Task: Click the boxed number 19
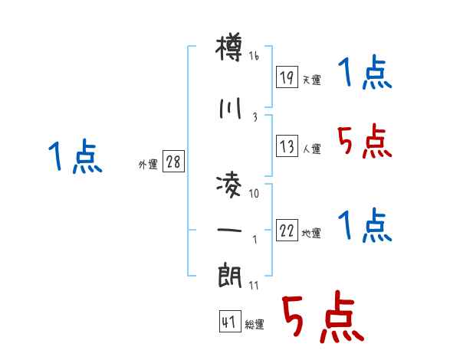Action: (287, 77)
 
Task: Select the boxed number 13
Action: (287, 146)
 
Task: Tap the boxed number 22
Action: (287, 230)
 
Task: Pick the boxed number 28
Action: (173, 162)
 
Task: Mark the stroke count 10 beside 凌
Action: (255, 194)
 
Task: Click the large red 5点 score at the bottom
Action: (321, 319)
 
